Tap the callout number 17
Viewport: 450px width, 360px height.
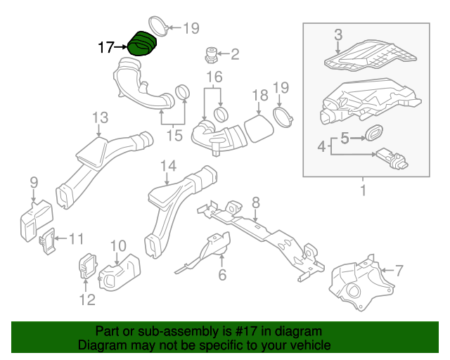[106, 48]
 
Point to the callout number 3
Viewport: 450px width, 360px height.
[337, 34]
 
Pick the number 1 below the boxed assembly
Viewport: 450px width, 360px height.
[364, 190]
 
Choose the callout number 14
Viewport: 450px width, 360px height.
[167, 166]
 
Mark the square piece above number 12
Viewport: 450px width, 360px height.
[88, 265]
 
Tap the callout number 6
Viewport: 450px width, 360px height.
[222, 275]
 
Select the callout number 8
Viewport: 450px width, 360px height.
[255, 202]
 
